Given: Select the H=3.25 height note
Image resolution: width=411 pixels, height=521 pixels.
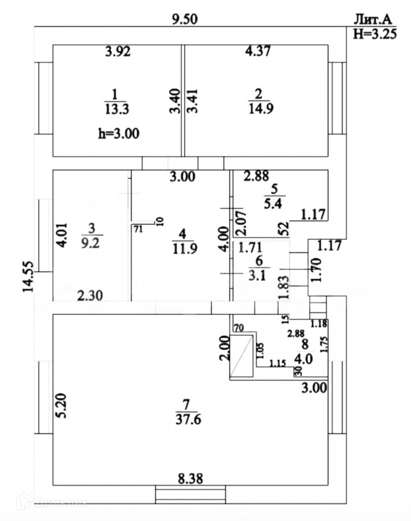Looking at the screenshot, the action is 375,34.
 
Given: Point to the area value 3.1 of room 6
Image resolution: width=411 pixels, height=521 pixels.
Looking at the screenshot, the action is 260,274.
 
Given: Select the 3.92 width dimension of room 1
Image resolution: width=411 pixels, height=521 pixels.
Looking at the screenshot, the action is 118,52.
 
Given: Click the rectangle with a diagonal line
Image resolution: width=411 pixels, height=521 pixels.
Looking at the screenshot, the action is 241,356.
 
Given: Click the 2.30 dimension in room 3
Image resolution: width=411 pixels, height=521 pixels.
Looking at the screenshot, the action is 90,296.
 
